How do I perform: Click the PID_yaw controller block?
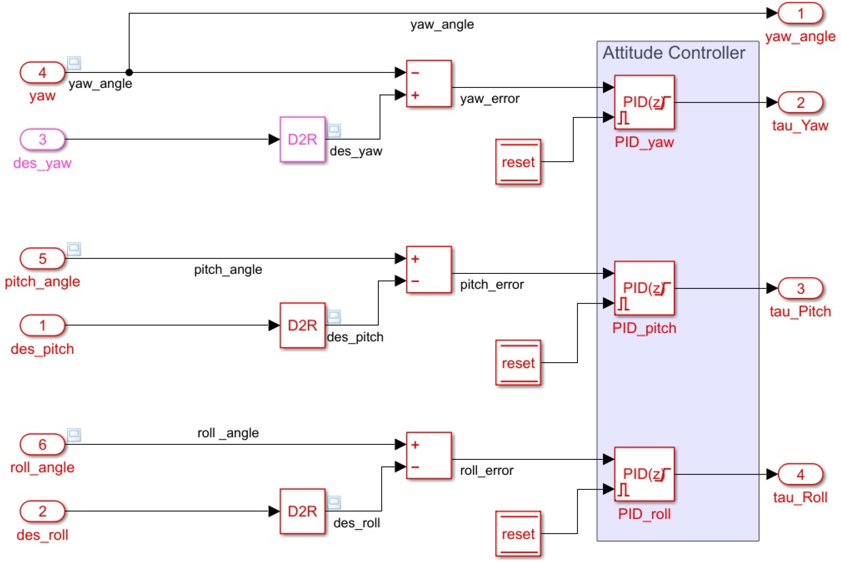(x=644, y=102)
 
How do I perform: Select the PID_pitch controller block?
(x=644, y=288)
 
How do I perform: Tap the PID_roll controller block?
(x=644, y=474)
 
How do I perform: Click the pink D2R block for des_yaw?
(x=302, y=139)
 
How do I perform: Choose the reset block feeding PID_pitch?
(x=518, y=363)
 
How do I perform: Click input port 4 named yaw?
(x=42, y=73)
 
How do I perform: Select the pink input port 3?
(x=42, y=139)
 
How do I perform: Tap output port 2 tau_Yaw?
(x=800, y=102)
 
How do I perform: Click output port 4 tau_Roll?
(x=800, y=474)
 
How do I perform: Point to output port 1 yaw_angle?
(x=800, y=13)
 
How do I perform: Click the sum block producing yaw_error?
(x=429, y=84)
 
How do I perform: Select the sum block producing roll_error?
(x=429, y=456)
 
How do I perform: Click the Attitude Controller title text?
(x=674, y=53)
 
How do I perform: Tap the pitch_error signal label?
(x=492, y=284)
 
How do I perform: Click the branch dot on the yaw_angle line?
(x=129, y=72)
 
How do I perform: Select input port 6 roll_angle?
(x=42, y=444)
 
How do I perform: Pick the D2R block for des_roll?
(x=302, y=511)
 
